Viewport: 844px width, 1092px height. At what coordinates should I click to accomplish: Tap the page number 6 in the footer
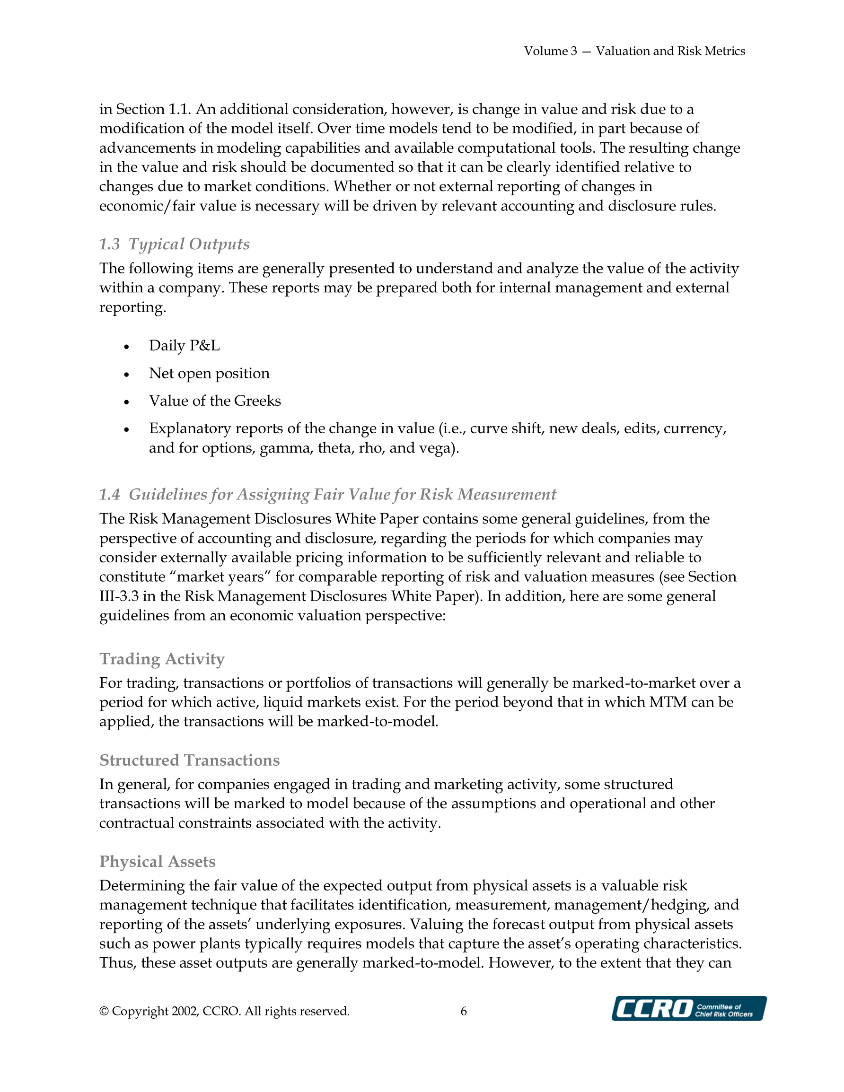[464, 1011]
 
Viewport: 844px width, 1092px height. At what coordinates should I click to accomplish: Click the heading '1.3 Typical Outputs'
[174, 244]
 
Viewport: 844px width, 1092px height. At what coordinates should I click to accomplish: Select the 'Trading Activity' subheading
[162, 658]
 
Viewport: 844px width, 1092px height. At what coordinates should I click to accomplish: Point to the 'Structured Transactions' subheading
[189, 760]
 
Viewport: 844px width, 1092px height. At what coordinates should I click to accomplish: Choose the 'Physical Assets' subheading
[157, 861]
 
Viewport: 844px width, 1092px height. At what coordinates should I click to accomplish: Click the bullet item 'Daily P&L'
[184, 346]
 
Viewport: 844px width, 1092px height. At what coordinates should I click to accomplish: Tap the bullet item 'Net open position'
[209, 373]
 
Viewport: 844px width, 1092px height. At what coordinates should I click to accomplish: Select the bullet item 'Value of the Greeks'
[215, 401]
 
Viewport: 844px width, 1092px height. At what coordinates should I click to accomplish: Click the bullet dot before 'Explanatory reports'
[127, 429]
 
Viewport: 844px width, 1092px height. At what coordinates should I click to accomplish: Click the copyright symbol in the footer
[104, 1011]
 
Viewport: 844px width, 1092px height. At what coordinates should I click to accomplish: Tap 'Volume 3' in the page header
[550, 51]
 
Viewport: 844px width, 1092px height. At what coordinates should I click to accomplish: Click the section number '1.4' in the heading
[110, 494]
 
